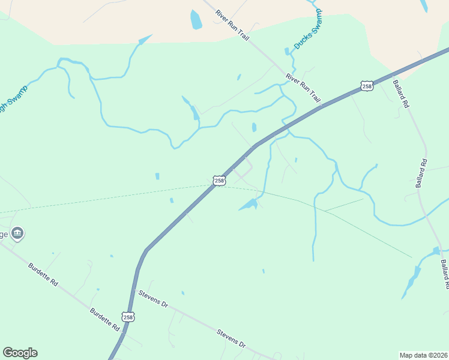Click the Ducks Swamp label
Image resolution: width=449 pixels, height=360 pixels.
click(307, 29)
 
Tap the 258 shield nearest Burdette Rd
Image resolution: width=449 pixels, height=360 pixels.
click(127, 317)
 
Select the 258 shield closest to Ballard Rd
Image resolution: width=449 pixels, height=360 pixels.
click(367, 86)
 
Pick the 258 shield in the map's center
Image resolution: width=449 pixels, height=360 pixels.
click(219, 180)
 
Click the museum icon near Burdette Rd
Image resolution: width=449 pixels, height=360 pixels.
click(17, 233)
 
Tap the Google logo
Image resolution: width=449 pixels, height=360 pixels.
click(20, 353)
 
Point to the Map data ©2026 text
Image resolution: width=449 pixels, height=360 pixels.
click(423, 355)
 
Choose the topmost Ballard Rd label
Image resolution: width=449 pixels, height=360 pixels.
click(401, 94)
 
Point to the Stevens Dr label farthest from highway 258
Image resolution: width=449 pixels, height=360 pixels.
click(232, 338)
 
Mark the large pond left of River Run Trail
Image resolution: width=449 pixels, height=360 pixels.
click(196, 20)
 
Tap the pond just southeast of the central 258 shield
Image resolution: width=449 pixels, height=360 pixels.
click(249, 205)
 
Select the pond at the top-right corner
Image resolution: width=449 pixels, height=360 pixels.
click(424, 5)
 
